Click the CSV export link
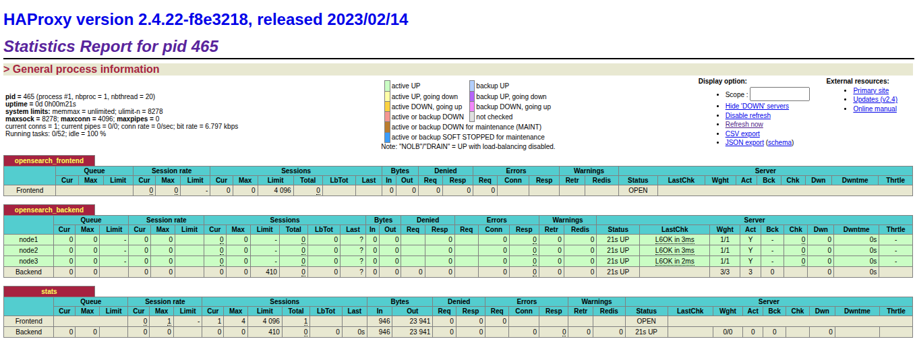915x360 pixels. tap(742, 133)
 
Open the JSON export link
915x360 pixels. tap(744, 143)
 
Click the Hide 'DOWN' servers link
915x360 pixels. tap(757, 107)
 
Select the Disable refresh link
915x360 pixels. tap(748, 116)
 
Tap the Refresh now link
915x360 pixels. tap(744, 125)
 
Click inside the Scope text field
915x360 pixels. tap(779, 94)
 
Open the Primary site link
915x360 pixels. tap(870, 91)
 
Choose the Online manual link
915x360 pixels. tap(875, 109)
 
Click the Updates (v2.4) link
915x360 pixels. tap(875, 100)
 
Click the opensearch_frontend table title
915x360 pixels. tap(49, 161)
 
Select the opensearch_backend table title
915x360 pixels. tap(49, 210)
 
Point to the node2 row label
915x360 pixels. tap(28, 251)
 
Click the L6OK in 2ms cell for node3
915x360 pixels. tap(674, 261)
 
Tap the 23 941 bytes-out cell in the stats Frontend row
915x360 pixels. tap(412, 321)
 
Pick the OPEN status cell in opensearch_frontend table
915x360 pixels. tap(638, 190)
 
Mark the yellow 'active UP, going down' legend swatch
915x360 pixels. tap(387, 96)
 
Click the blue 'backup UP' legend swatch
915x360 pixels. tap(472, 86)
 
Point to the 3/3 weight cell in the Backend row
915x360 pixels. tap(725, 272)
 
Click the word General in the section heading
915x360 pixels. tap(32, 69)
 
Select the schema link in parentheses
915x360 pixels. tap(779, 143)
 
